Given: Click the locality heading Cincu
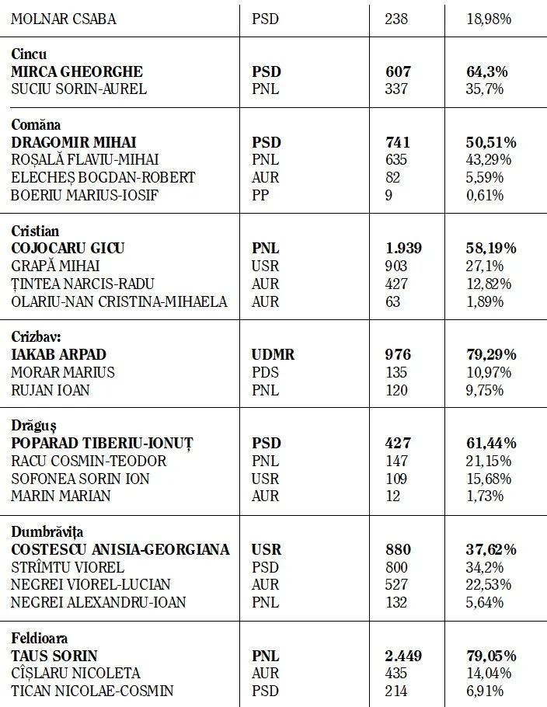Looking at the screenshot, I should [29, 54].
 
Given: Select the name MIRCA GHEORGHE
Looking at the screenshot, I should [77, 71].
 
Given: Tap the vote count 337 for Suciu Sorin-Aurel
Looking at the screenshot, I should [396, 89].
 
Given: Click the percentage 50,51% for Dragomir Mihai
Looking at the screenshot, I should [491, 142].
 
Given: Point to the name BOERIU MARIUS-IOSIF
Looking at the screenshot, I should [85, 194].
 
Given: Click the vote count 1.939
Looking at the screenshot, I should [404, 249].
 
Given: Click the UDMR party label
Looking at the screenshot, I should [273, 354].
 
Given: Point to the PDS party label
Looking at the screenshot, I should [265, 372].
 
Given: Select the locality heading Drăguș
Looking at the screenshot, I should [33, 426].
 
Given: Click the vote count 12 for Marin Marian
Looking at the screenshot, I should [394, 496].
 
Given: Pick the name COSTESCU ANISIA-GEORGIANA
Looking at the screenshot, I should [120, 549].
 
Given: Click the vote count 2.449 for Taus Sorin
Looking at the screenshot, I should [404, 656].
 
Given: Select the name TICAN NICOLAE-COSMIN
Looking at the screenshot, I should [92, 691].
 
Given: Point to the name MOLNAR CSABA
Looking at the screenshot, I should [64, 19].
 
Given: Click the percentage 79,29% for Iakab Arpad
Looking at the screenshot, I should [491, 354].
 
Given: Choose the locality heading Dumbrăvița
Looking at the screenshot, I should [49, 532].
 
